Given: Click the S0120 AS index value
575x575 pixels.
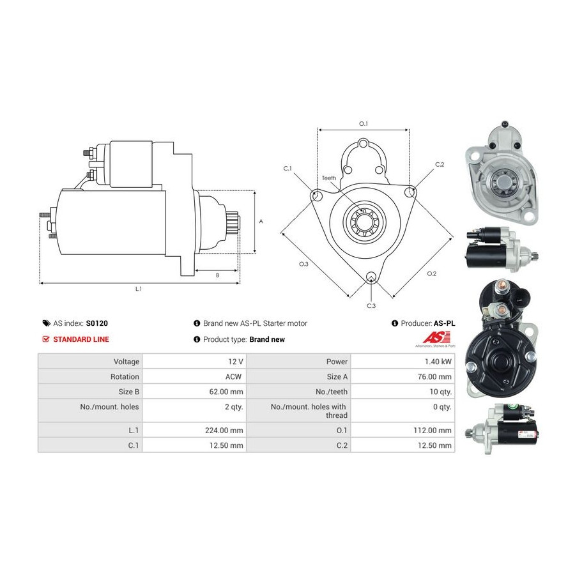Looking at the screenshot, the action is [x=97, y=323].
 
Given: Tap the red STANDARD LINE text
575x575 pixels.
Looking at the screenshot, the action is [x=81, y=339].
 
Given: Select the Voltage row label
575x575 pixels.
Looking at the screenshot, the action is [x=126, y=362].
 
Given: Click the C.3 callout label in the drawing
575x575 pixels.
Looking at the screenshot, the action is [x=371, y=305].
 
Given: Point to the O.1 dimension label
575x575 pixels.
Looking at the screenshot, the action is [x=363, y=123].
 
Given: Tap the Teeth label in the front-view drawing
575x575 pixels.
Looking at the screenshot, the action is [x=329, y=178].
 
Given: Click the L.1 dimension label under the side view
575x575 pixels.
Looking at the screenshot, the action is [x=139, y=289].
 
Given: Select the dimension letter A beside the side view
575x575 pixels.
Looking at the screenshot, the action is [x=261, y=221].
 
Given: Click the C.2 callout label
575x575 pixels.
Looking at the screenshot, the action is [x=440, y=164].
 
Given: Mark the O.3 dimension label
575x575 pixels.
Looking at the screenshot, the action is [x=303, y=264].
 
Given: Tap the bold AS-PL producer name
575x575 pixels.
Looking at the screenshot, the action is [x=444, y=323].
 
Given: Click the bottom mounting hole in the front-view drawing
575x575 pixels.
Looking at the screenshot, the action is [x=371, y=277].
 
